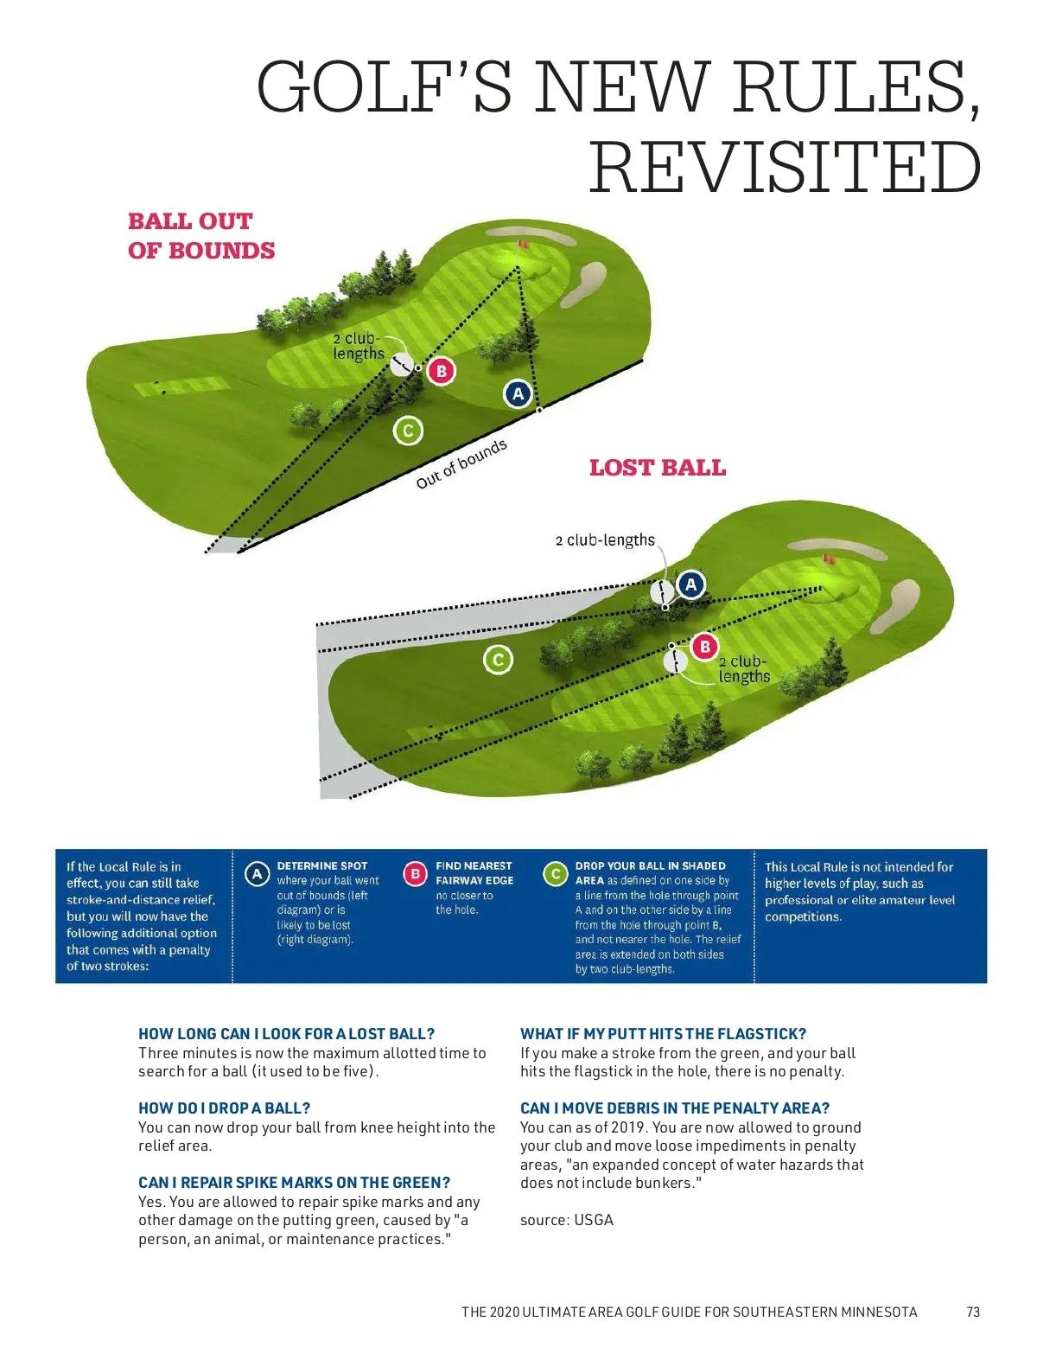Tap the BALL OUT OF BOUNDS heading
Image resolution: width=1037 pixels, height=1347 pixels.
201,235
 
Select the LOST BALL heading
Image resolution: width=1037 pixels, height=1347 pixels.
657,468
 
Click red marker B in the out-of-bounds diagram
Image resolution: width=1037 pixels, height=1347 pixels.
441,371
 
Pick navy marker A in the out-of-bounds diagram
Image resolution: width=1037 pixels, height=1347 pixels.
517,394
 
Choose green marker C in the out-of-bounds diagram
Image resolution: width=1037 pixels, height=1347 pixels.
407,430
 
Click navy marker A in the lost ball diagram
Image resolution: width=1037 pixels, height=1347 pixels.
690,585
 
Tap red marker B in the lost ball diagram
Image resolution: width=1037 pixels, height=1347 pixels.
705,646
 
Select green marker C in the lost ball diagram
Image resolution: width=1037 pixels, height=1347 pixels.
497,660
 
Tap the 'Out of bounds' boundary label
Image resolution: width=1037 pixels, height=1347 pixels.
461,464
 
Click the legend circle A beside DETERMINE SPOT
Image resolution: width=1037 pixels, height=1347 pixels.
257,874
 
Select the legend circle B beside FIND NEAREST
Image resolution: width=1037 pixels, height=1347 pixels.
416,874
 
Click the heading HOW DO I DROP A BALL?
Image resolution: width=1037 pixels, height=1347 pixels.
224,1108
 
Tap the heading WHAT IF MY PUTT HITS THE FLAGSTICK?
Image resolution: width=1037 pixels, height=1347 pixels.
663,1033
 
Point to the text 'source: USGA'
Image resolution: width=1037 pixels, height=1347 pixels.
566,1220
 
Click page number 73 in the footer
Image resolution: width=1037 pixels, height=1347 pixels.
973,1312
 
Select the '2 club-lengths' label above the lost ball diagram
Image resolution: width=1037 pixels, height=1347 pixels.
605,540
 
